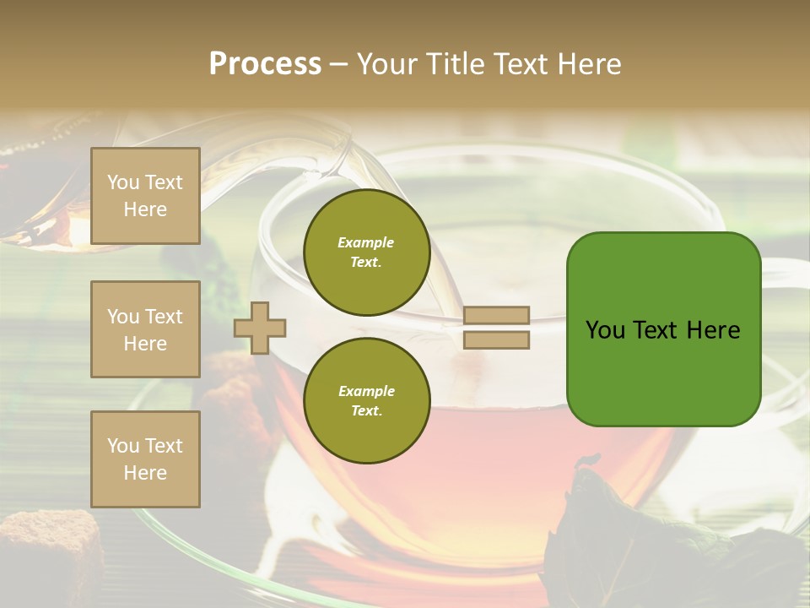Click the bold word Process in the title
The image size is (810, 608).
point(265,64)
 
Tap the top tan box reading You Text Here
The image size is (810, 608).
point(145,196)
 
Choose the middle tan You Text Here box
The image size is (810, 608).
point(145,329)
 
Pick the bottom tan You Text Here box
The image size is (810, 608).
point(145,459)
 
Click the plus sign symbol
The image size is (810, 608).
point(260,328)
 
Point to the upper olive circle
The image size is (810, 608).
point(366,252)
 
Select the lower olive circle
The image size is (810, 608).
point(366,400)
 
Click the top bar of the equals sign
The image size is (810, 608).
point(496,315)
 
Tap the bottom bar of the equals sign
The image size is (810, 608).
point(496,340)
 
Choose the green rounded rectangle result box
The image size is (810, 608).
point(663,329)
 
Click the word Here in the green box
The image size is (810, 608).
point(713,330)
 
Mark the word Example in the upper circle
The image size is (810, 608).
point(366,242)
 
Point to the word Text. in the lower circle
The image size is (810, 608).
point(366,410)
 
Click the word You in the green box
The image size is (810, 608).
point(605,330)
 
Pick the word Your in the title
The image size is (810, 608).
point(386,64)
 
